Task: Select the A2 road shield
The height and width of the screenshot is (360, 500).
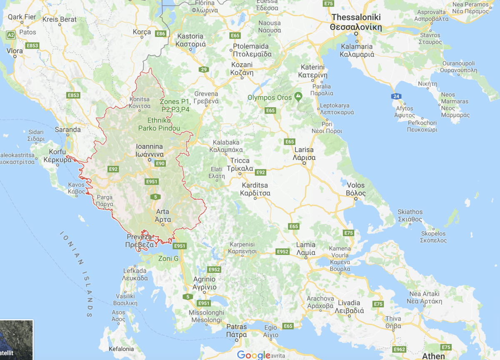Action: (11, 35)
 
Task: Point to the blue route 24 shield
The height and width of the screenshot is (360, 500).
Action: (396, 97)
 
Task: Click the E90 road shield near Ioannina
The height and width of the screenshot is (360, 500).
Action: (160, 163)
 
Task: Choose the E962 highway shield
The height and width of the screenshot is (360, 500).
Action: (399, 349)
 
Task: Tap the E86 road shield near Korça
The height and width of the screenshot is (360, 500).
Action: (160, 33)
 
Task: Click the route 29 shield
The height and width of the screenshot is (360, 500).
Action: (203, 70)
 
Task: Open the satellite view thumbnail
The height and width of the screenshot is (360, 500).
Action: (16, 340)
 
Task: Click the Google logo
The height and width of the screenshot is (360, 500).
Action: (253, 355)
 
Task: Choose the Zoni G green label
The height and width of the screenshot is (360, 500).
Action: (168, 259)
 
